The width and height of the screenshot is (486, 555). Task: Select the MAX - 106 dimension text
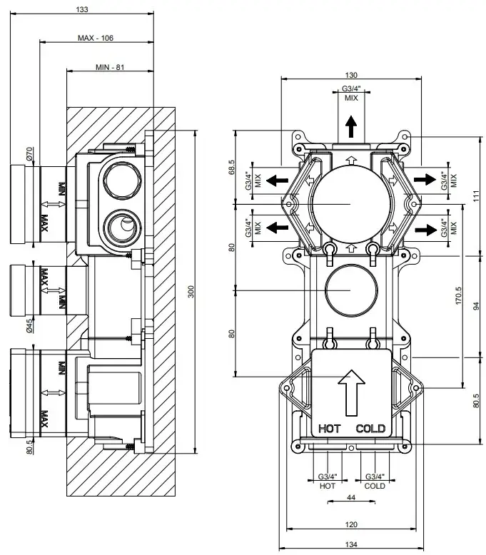pos(96,37)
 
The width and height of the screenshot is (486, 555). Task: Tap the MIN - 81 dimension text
pos(110,66)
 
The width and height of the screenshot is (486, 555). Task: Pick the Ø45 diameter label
pos(30,326)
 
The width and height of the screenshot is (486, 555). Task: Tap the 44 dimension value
pos(351,497)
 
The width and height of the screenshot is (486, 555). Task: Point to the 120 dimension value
pos(351,524)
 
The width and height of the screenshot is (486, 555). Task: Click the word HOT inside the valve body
pos(329,429)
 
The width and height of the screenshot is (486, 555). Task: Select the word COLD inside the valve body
pos(370,429)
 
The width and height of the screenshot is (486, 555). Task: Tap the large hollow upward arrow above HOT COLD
pos(350,391)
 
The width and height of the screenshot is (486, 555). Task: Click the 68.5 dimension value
pos(231,168)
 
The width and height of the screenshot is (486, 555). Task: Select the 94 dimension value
pos(477,305)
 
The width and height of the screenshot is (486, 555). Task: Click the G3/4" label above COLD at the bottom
pos(375,477)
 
